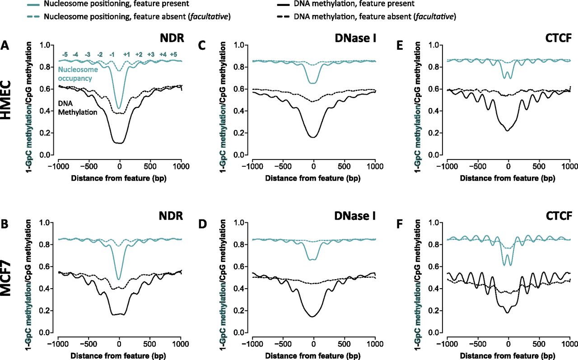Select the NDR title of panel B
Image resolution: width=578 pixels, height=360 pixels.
(171, 215)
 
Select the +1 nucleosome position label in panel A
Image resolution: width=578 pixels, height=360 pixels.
(127, 55)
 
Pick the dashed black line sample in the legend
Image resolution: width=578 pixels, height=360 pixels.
(281, 17)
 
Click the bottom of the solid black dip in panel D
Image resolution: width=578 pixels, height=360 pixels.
(312, 317)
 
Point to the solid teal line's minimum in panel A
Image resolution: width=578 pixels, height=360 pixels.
(119, 108)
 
